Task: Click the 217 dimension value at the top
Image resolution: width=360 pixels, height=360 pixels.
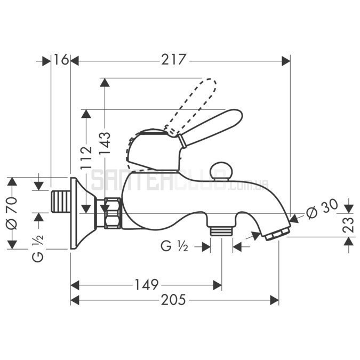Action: [x=173, y=60]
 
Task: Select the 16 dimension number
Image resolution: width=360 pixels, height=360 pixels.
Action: [x=61, y=59]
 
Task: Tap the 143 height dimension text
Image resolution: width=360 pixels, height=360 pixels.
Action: [x=105, y=143]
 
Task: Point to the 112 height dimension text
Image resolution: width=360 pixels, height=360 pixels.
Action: [x=86, y=158]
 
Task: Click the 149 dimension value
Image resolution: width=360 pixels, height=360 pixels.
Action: [x=147, y=285]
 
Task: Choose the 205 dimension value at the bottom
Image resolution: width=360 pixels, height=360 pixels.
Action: [x=173, y=300]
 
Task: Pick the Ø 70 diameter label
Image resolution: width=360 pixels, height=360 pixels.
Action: [x=12, y=213]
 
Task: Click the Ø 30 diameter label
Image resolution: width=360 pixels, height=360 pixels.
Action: [x=322, y=209]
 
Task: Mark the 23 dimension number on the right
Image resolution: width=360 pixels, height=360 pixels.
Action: [x=348, y=225]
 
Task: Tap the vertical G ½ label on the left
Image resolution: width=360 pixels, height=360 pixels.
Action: [x=38, y=249]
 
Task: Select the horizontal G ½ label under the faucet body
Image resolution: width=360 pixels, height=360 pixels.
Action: [x=174, y=246]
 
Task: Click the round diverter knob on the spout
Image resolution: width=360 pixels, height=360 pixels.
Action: [x=221, y=171]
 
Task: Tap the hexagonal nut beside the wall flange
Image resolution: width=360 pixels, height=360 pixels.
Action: [x=113, y=213]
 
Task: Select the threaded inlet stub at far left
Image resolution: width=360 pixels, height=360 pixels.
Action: [x=60, y=202]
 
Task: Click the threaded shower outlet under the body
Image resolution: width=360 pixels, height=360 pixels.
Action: [x=221, y=230]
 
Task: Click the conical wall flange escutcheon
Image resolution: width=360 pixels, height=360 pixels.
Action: [x=83, y=213]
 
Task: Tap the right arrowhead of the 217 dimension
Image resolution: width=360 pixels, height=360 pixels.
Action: [x=286, y=61]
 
